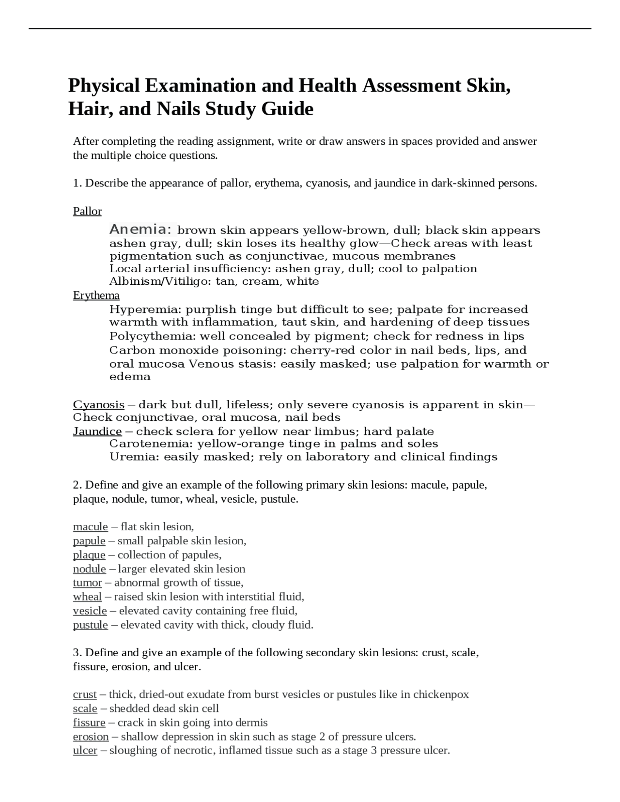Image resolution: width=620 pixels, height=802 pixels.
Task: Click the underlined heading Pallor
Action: pos(87,211)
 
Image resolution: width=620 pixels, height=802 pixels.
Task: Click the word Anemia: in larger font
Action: pos(141,229)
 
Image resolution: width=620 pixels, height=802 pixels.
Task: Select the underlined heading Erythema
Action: pos(96,295)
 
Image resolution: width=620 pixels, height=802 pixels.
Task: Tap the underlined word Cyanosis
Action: pos(98,404)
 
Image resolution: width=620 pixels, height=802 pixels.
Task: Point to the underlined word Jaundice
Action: pos(97,432)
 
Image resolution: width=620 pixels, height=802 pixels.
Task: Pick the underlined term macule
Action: pos(90,527)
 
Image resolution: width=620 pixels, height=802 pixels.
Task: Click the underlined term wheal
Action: pos(87,597)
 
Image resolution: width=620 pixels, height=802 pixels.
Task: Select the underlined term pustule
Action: pos(90,625)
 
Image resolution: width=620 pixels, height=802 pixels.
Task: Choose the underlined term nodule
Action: pos(89,569)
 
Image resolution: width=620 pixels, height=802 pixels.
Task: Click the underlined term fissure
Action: pos(89,723)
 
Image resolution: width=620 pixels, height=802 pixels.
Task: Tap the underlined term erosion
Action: pos(91,737)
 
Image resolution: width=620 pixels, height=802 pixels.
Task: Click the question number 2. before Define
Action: pos(77,485)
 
